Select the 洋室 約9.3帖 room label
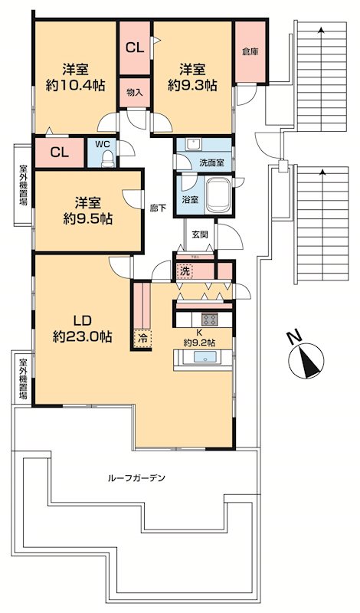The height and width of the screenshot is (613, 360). point(191,76)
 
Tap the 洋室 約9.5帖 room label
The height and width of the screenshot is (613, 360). point(87,210)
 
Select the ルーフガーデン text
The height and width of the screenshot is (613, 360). point(136,478)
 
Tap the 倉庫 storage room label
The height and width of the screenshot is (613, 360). point(250,52)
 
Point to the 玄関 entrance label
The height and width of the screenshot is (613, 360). point(200,234)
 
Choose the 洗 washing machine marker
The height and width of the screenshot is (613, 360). point(185,270)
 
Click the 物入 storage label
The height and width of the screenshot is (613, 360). point(134,92)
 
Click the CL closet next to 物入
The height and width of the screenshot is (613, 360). point(134,48)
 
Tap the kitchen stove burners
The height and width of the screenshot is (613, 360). point(209,320)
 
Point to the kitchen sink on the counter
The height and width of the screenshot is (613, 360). point(205,357)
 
